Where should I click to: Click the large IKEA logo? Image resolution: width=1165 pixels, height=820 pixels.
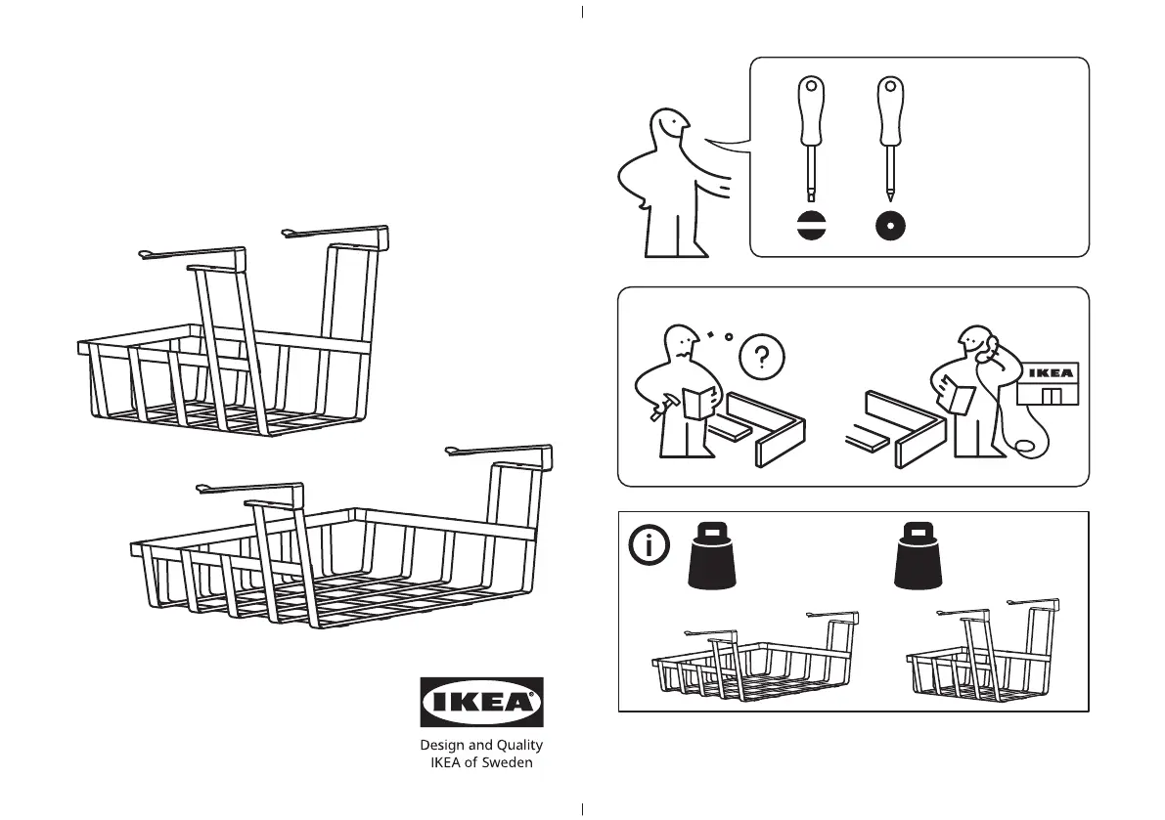pos(481,702)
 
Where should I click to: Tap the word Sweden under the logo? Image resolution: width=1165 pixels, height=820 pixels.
pos(508,763)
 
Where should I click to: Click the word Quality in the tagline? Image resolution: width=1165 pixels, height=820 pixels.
pos(519,745)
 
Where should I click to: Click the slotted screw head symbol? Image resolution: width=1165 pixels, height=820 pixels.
pos(811,226)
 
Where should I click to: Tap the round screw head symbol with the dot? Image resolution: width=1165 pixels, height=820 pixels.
pos(890,226)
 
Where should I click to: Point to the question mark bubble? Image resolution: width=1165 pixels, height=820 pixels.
pos(762,357)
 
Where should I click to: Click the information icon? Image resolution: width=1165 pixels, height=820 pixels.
pos(650,546)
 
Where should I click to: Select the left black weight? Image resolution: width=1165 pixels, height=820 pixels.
pos(712,556)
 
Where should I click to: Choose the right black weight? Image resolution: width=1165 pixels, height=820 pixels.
pos(918,556)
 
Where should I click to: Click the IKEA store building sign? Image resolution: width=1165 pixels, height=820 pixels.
pos(1052,372)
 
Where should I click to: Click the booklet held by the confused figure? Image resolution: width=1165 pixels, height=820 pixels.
pos(699,403)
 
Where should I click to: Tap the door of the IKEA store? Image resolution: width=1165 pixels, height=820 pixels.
pos(1051,396)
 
